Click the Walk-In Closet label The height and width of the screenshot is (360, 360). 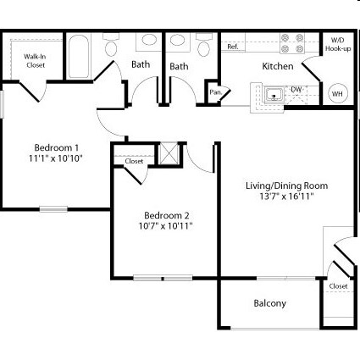(35, 60)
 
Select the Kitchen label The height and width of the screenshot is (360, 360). (277, 66)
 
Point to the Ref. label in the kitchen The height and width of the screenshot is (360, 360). (233, 47)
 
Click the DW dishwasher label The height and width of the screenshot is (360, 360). (296, 89)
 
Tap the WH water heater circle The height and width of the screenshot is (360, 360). (337, 94)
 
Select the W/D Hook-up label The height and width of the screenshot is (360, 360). (337, 45)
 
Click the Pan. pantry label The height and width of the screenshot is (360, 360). (215, 91)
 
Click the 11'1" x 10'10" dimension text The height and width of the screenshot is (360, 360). (56, 158)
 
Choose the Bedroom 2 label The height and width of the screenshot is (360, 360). (166, 214)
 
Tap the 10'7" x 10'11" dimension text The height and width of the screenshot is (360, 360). (166, 226)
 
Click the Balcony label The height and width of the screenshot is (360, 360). (269, 303)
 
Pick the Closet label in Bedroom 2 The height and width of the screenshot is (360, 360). (134, 161)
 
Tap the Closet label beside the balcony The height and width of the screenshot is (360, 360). (338, 286)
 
